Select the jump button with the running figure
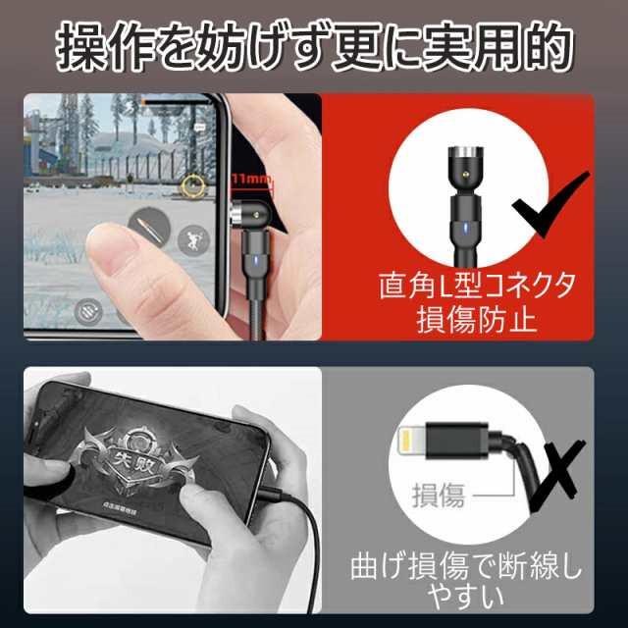[x=192, y=238]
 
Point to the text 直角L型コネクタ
[x=476, y=286]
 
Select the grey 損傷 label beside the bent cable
[x=438, y=496]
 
